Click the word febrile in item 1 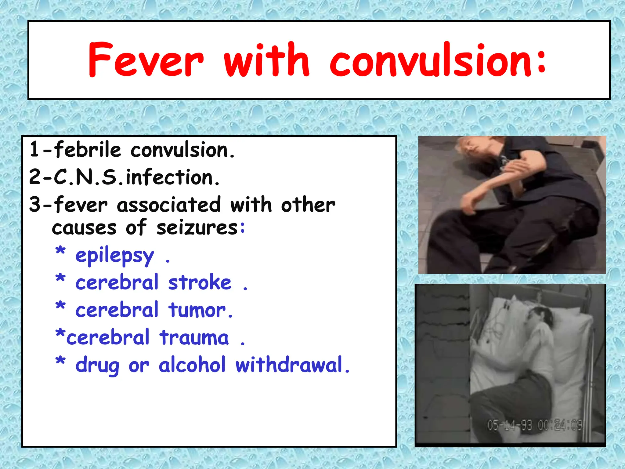(88, 150)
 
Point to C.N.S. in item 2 (89, 177)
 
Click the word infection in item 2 (173, 177)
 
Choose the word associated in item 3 (169, 205)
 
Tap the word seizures (197, 228)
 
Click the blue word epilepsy (115, 256)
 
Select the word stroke (200, 282)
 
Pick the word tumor (200, 310)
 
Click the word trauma (194, 337)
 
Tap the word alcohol (192, 365)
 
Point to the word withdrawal (291, 365)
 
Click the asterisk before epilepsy (60, 252)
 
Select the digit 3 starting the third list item (35, 205)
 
